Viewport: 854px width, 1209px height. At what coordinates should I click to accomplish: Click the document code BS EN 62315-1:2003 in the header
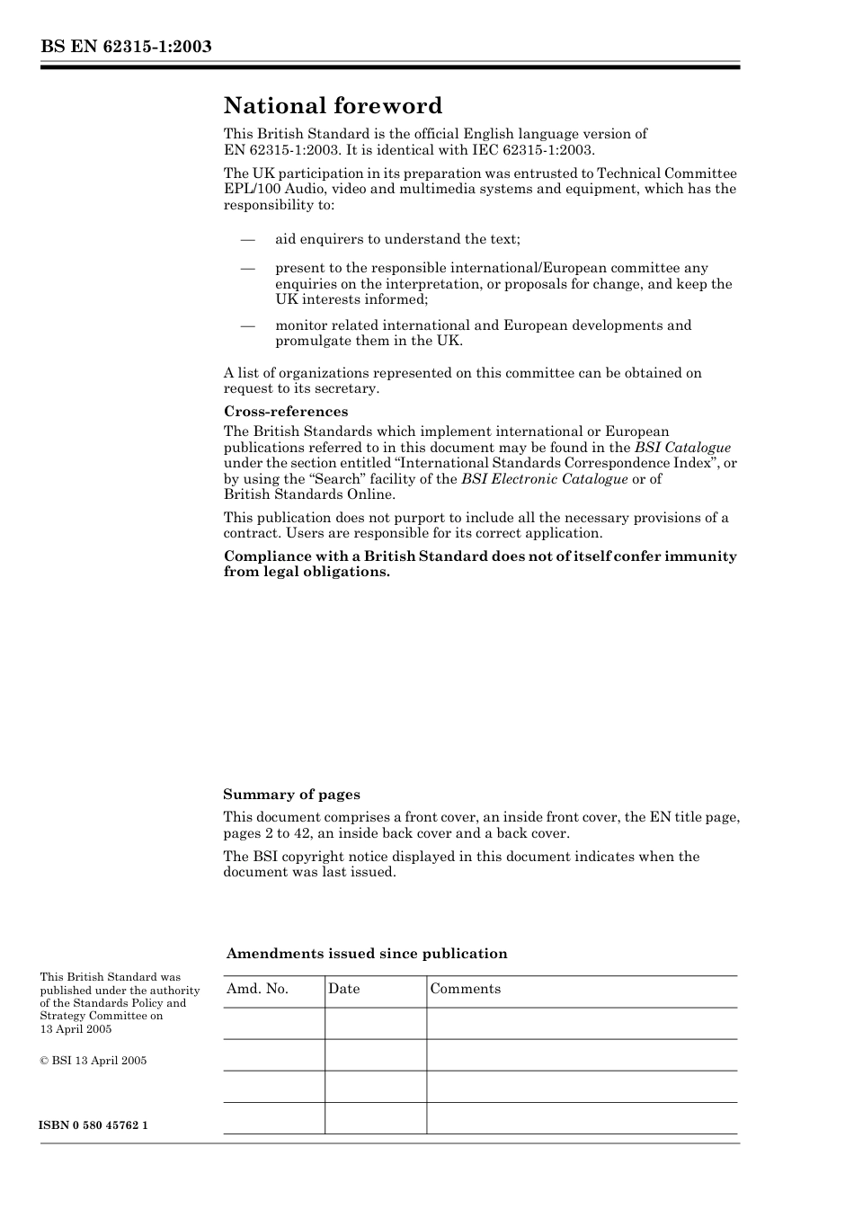point(126,47)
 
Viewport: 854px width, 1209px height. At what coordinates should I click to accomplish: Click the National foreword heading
point(333,106)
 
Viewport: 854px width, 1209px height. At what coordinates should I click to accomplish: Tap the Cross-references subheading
point(286,412)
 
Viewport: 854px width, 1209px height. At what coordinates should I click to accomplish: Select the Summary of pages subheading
point(291,795)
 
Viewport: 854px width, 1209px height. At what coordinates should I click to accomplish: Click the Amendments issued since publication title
point(367,954)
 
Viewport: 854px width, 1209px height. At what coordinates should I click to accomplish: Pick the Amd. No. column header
point(257,989)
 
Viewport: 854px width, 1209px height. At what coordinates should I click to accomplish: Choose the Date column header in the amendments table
point(343,989)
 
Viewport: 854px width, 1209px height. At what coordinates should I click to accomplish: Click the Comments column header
point(465,989)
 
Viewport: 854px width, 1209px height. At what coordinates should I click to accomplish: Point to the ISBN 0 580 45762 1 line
point(93,1125)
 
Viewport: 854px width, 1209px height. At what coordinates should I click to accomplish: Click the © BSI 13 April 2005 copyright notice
point(93,1061)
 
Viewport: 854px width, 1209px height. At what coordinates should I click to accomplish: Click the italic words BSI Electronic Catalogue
point(544,479)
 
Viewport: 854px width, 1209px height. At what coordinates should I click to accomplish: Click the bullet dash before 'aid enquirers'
point(247,239)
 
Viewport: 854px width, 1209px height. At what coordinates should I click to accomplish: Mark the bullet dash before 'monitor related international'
point(247,325)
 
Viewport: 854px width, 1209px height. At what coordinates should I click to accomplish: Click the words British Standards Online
point(309,494)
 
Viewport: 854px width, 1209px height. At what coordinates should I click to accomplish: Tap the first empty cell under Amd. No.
point(273,1023)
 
